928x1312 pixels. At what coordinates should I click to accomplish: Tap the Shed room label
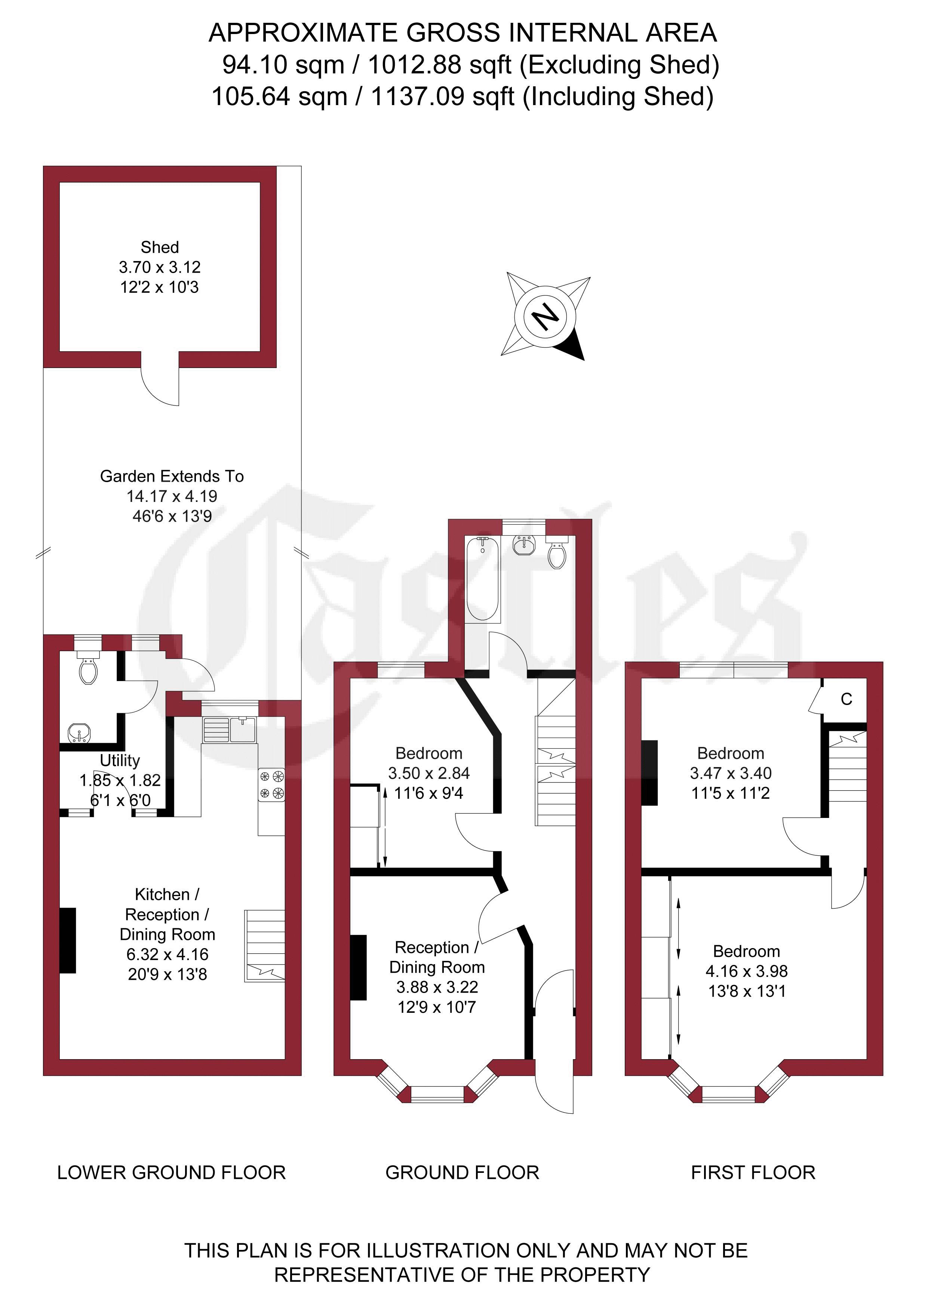(x=160, y=248)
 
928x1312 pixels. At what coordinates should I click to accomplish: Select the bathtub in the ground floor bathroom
(x=483, y=579)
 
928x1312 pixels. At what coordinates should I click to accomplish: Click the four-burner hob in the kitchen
(x=271, y=784)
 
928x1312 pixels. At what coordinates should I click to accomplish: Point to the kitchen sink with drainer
(x=229, y=730)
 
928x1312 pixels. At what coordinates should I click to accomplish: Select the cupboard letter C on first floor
(x=846, y=699)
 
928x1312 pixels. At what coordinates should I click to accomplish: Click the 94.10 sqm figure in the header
(x=283, y=65)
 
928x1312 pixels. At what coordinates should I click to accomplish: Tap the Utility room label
(x=120, y=761)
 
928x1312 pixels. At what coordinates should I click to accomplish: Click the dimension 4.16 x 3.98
(x=747, y=971)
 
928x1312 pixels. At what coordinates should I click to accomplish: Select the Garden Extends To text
(x=172, y=476)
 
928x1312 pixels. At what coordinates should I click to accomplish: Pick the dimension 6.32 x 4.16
(x=168, y=955)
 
